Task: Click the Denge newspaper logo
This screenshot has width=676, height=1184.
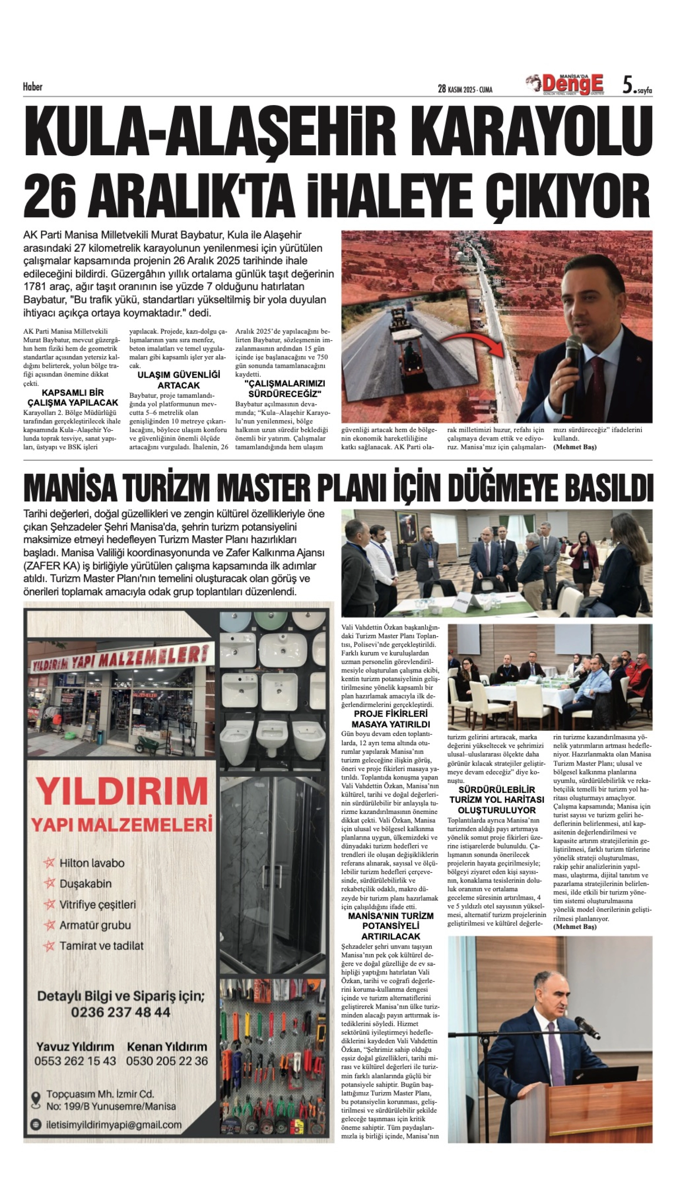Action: (x=570, y=84)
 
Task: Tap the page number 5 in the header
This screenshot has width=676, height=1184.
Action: (x=627, y=85)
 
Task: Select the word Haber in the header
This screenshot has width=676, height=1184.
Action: (x=32, y=87)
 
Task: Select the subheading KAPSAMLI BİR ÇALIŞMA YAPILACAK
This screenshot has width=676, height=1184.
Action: (x=73, y=397)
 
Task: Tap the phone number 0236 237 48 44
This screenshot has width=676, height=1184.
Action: (x=120, y=1012)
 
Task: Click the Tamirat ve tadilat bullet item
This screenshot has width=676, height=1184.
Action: (x=101, y=946)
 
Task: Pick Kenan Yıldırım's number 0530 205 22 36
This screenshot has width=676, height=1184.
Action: (x=167, y=1061)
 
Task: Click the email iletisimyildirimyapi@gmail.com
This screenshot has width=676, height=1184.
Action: (x=114, y=1125)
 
